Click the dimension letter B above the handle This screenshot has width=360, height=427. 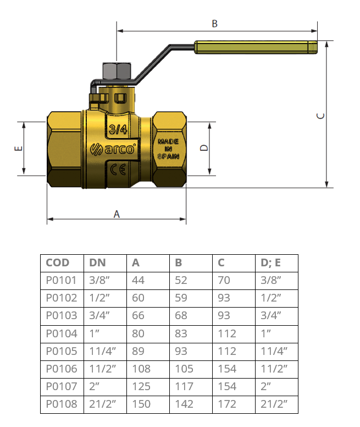click(x=214, y=24)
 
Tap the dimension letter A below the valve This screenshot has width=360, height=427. click(x=117, y=214)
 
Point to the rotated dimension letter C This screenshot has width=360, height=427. click(x=321, y=116)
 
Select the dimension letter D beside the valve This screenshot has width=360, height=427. click(x=204, y=147)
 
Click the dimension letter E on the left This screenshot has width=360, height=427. click(x=19, y=149)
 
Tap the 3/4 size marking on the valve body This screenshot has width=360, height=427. click(x=118, y=129)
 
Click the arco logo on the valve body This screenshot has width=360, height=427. click(x=113, y=149)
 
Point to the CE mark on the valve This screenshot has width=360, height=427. click(x=118, y=169)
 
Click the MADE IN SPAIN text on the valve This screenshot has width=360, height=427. click(x=169, y=149)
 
